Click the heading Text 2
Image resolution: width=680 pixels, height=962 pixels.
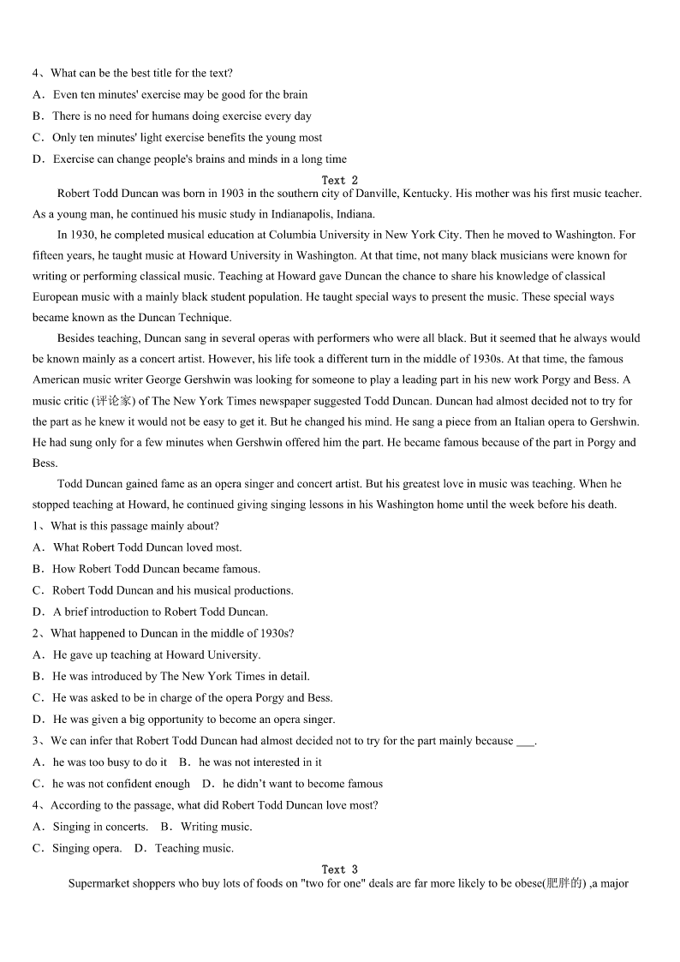tap(340, 181)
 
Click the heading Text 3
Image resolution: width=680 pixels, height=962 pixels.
tap(340, 869)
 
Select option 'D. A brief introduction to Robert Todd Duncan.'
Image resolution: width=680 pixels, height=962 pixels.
tap(151, 612)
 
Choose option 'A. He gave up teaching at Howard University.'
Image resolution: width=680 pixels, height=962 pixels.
tap(146, 654)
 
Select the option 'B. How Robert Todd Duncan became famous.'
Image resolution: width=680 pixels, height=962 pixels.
tap(146, 569)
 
